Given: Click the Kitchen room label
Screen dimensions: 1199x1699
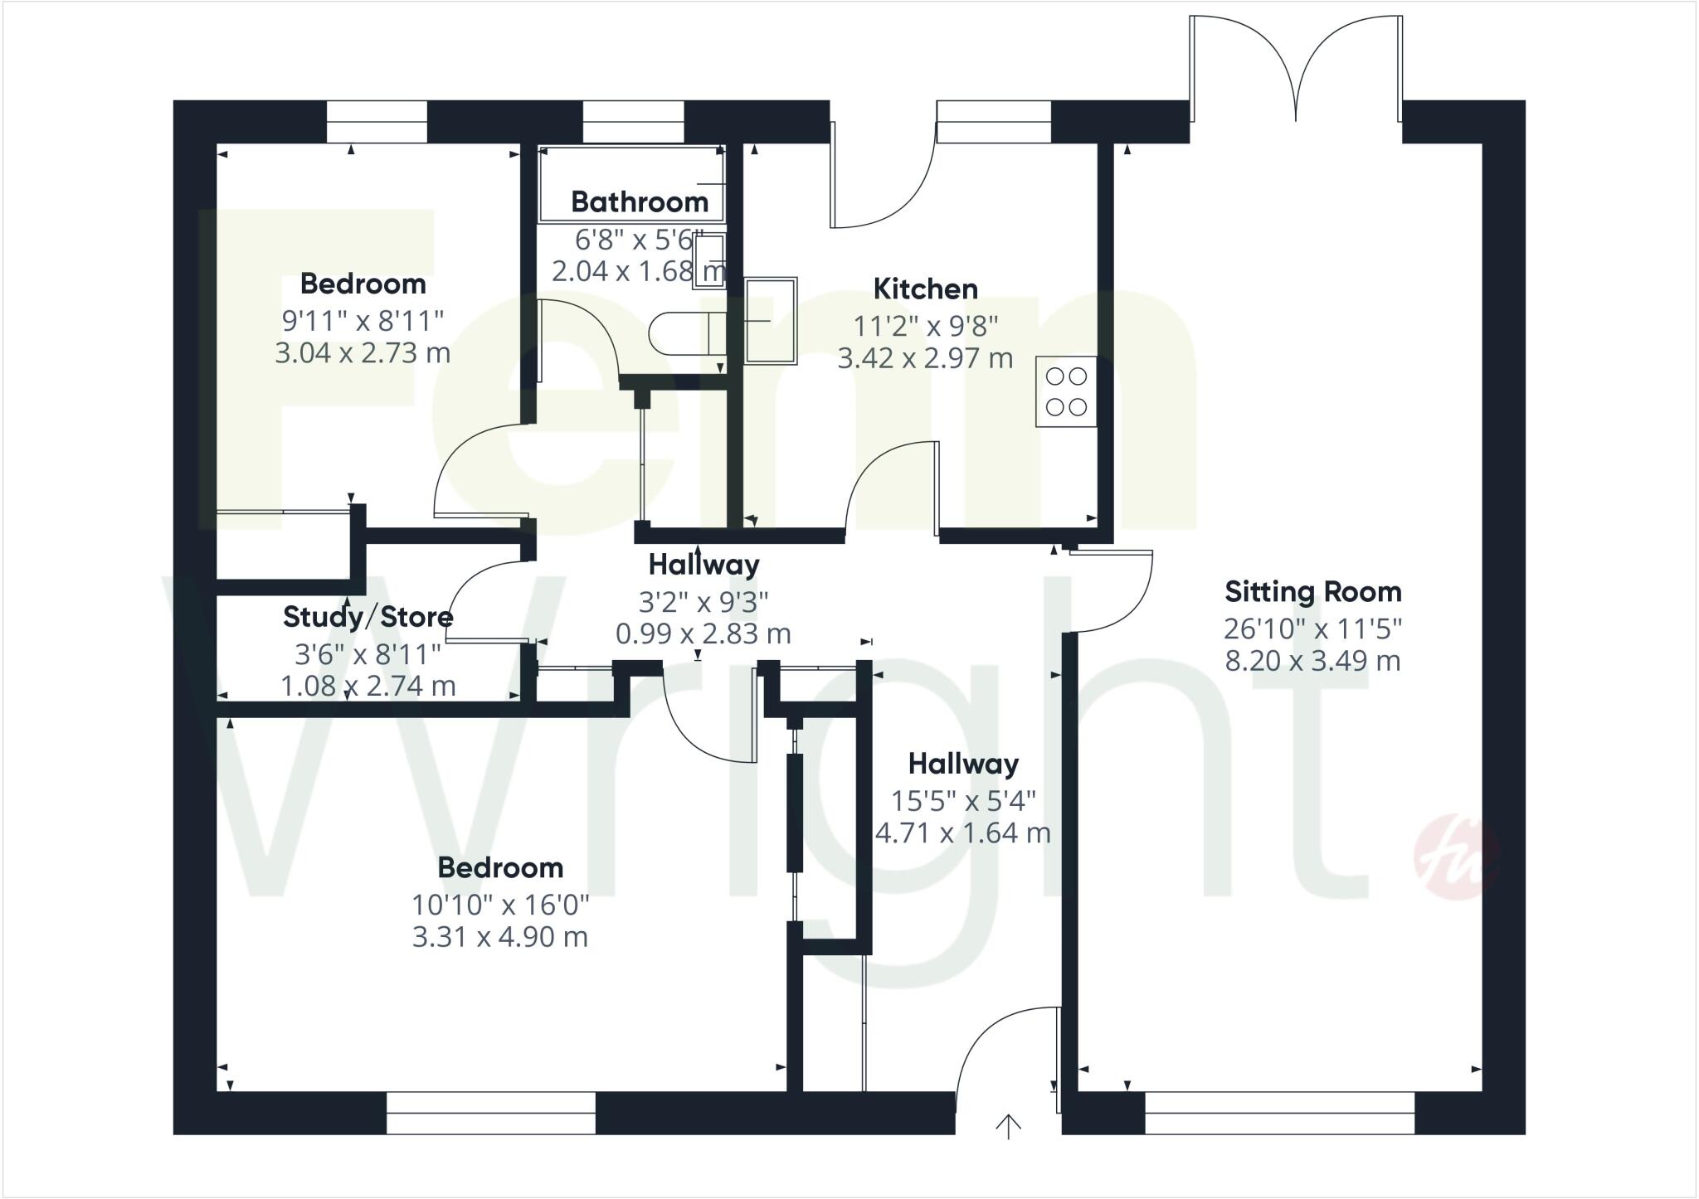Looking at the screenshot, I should tap(925, 289).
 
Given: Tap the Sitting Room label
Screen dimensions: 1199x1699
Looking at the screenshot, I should tap(1312, 592).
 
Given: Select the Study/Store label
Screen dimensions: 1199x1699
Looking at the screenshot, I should tap(368, 617).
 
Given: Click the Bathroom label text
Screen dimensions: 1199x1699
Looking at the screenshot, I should tap(639, 201).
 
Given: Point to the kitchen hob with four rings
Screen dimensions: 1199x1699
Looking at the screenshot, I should tap(1066, 391).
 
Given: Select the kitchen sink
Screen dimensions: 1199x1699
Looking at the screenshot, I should tap(771, 321).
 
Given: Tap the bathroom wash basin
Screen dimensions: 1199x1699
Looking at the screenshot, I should tap(709, 260).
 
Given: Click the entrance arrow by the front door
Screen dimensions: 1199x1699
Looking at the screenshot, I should tap(1008, 1126).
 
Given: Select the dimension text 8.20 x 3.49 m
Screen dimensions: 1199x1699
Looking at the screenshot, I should tap(1312, 662).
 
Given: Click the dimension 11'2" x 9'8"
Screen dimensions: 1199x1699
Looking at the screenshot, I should tap(925, 326).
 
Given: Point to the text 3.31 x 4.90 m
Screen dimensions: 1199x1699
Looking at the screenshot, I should tap(499, 937).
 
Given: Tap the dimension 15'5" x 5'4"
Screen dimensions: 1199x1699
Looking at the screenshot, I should tap(963, 801).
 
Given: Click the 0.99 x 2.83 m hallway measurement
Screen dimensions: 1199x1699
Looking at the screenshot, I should tap(703, 634).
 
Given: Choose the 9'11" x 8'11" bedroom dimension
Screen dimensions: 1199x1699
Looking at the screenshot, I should tap(363, 319).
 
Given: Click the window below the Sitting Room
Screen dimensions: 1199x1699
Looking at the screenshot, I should tap(1278, 1113).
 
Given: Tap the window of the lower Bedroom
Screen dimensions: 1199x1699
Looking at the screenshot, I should tap(490, 1113).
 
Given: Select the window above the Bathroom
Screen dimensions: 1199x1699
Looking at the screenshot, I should tap(633, 122).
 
